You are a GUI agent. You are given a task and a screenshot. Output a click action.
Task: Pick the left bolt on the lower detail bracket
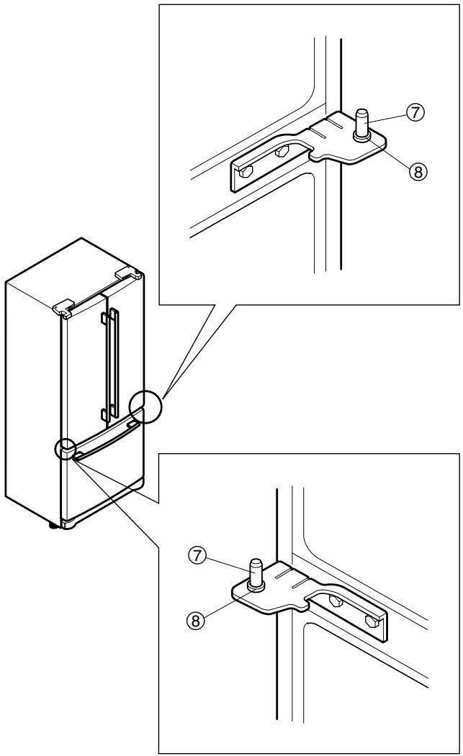tap(334, 599)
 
